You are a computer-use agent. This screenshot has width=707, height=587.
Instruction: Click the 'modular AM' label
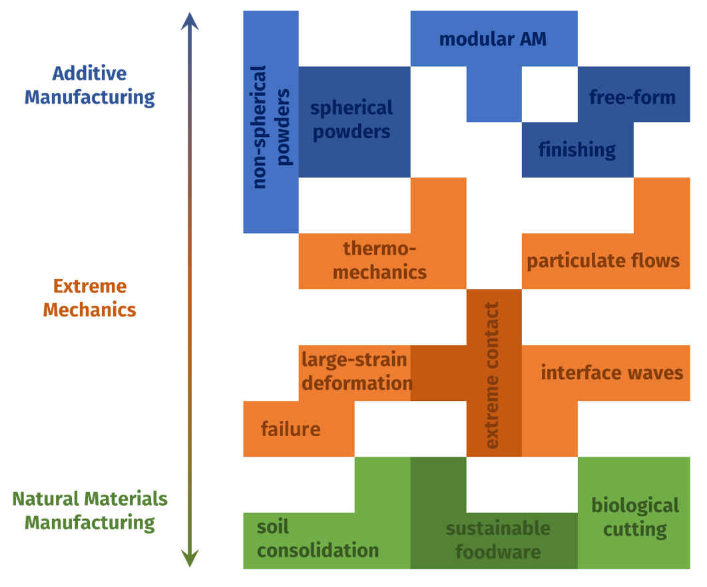(493, 39)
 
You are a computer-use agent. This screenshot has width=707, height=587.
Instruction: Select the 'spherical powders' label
(352, 120)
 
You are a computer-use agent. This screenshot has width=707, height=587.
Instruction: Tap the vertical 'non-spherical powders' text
(271, 126)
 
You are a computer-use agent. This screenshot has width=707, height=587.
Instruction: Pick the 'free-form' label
(632, 98)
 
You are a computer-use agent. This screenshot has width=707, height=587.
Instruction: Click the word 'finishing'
(577, 150)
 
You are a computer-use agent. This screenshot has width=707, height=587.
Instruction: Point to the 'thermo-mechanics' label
(379, 261)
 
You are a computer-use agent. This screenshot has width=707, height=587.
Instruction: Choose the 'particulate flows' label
(603, 261)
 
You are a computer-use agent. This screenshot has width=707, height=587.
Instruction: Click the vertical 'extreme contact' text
(493, 375)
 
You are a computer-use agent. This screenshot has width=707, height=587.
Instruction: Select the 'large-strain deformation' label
(355, 372)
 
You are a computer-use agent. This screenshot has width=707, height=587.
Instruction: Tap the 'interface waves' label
(612, 372)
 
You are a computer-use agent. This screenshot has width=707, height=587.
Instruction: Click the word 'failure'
(290, 429)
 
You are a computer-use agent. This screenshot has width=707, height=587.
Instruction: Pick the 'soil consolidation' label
(318, 539)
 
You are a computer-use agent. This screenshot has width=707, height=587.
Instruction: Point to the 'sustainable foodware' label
(498, 540)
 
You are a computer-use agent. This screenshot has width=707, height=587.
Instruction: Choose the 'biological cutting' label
(635, 517)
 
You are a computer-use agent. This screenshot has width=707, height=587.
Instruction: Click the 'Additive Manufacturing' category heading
(90, 85)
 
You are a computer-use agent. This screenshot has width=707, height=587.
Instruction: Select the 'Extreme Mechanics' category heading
(90, 298)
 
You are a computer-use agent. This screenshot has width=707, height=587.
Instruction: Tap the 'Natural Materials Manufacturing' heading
(90, 511)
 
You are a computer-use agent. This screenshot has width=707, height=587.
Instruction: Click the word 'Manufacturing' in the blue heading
(90, 98)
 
